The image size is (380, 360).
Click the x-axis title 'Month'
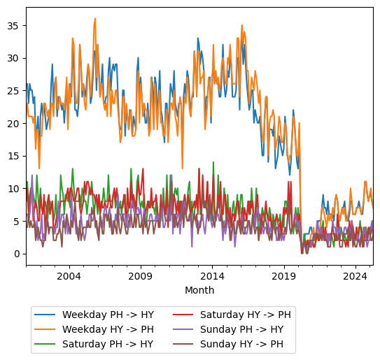click(199, 290)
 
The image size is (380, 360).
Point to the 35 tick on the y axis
click(14, 25)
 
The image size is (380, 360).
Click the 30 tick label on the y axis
click(14, 58)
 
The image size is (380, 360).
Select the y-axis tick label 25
click(14, 90)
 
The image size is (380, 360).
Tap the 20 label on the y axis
click(14, 123)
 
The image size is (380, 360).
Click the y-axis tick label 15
click(14, 156)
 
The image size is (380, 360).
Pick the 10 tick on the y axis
click(14, 188)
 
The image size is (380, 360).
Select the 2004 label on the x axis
click(69, 276)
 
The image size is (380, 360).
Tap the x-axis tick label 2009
click(140, 276)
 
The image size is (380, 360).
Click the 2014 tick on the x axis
click(212, 276)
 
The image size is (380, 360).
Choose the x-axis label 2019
click(283, 276)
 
